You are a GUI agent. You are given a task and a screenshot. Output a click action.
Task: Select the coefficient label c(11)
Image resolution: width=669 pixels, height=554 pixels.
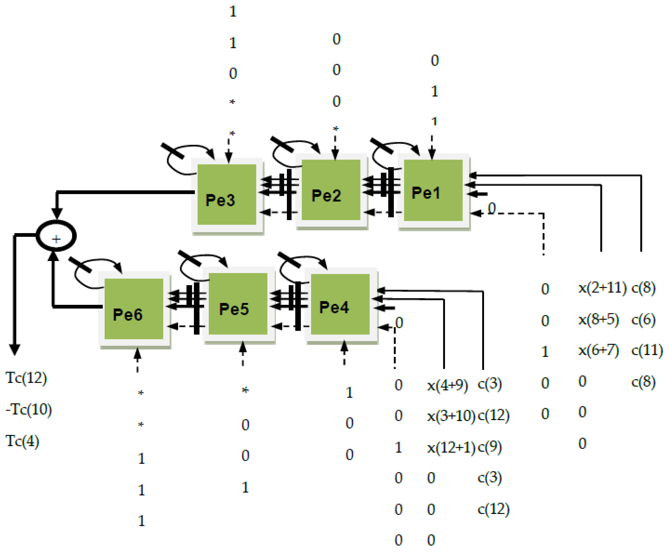click(647, 351)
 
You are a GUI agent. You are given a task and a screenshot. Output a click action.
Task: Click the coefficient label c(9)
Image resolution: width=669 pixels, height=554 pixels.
click(490, 448)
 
